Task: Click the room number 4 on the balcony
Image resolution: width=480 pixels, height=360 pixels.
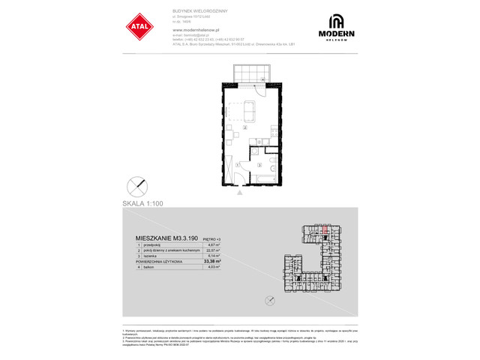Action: point(262,78)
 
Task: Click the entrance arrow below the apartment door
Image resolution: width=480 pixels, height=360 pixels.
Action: point(240,193)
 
